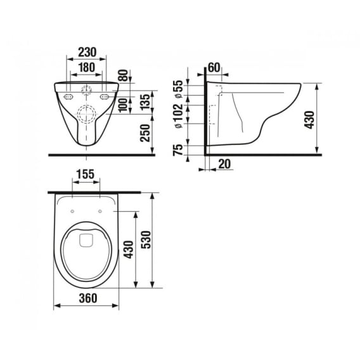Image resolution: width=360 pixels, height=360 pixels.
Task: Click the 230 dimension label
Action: click(x=87, y=52)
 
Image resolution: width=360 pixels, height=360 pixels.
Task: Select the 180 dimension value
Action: click(x=87, y=67)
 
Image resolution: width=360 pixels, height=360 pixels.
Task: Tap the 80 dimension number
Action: click(x=124, y=75)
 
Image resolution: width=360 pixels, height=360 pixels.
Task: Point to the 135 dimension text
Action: click(x=146, y=101)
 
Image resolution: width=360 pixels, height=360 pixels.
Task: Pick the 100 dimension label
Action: click(x=124, y=105)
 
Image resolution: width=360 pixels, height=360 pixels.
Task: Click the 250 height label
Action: click(x=145, y=133)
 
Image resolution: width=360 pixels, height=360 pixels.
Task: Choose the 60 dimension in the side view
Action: click(x=214, y=67)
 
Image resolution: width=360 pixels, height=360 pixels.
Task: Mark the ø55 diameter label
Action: click(x=179, y=89)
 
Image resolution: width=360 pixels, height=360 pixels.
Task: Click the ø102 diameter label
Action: click(x=179, y=117)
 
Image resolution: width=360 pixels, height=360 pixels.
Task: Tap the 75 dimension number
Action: click(x=178, y=150)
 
